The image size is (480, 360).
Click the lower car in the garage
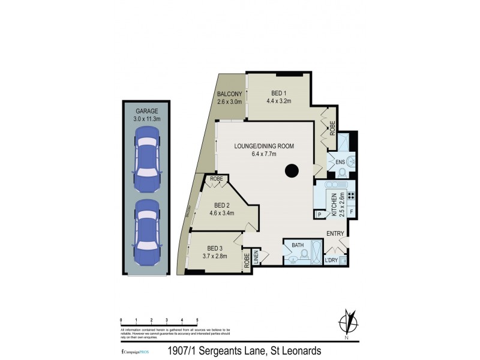[147, 227]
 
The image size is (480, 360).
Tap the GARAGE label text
[147, 111]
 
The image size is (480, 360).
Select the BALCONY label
[229, 94]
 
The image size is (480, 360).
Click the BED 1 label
[278, 93]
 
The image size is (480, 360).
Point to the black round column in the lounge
[292, 171]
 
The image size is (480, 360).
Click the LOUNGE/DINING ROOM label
[264, 146]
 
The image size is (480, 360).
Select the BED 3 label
[215, 248]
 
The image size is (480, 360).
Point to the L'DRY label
[331, 260]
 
